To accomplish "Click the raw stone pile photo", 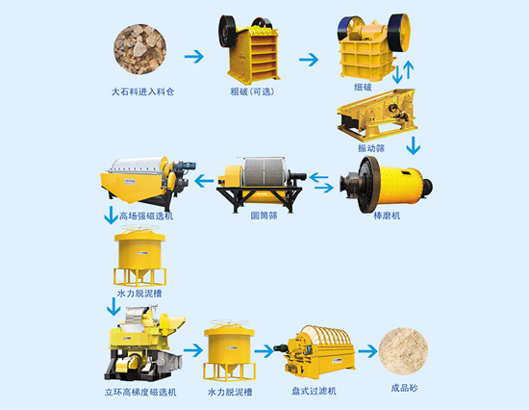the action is tap(139, 49).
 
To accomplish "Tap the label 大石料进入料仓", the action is tap(142, 91).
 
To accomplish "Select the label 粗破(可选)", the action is tap(252, 91).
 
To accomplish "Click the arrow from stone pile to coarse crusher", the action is tap(194, 57).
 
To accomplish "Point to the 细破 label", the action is tap(363, 88).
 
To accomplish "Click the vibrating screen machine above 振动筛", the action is tap(377, 115).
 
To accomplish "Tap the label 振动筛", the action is tap(371, 148).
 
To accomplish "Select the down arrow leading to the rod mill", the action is tap(414, 145).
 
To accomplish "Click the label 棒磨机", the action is tap(387, 216).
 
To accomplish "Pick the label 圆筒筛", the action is tap(264, 216).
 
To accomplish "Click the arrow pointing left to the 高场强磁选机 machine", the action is tap(204, 181).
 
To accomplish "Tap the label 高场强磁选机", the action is tap(146, 216).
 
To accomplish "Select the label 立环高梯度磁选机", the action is tap(140, 392).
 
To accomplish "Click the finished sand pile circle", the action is tap(403, 351).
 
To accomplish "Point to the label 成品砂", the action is tap(404, 388).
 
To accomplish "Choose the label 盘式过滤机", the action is tap(314, 391).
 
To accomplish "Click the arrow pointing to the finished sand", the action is tap(367, 351).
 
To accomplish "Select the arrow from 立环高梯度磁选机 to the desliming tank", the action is tap(193, 350).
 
